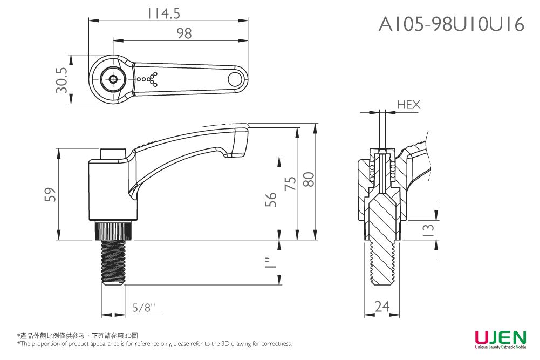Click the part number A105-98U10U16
tap(451, 24)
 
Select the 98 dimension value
tap(183, 34)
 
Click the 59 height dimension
tap(49, 194)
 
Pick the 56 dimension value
tap(271, 199)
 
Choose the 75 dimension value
tap(290, 184)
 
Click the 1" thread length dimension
tap(271, 263)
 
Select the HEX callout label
tap(408, 105)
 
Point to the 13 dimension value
tap(429, 230)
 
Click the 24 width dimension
tap(382, 307)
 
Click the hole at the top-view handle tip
tap(235, 80)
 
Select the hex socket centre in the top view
tap(113, 80)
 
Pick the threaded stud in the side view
tap(113, 262)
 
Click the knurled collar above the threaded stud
tap(113, 231)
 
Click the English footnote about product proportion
tap(155, 344)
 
